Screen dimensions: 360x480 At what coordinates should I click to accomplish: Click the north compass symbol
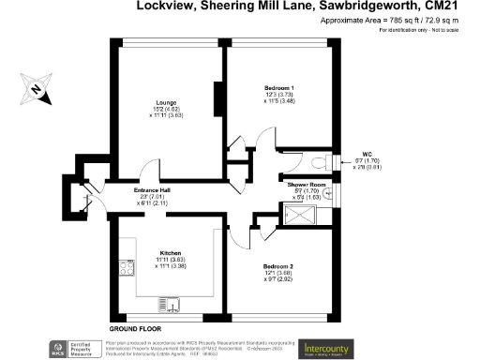click(35, 89)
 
